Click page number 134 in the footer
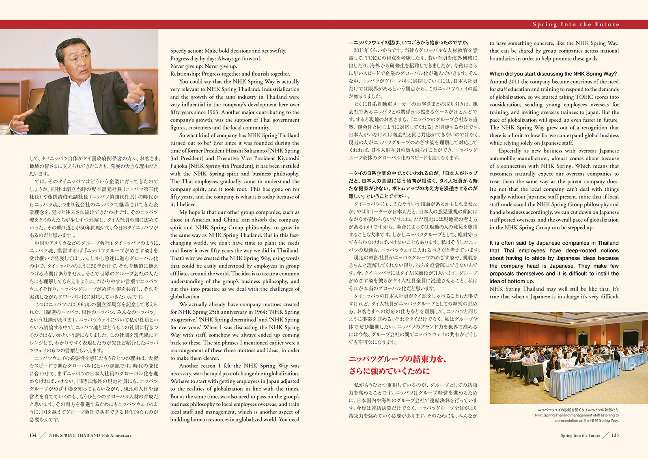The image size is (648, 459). (x=33, y=435)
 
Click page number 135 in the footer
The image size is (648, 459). (x=615, y=435)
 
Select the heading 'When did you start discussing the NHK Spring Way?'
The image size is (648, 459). (x=553, y=74)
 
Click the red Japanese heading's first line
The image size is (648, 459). (x=398, y=359)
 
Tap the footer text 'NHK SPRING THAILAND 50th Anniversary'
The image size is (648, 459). (x=90, y=435)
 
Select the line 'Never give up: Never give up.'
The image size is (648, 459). (x=204, y=66)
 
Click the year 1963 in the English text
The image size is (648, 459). (x=213, y=112)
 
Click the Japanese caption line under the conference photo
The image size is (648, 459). (x=578, y=410)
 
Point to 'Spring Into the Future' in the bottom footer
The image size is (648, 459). (x=580, y=435)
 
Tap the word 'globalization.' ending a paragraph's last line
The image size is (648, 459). (x=185, y=297)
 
